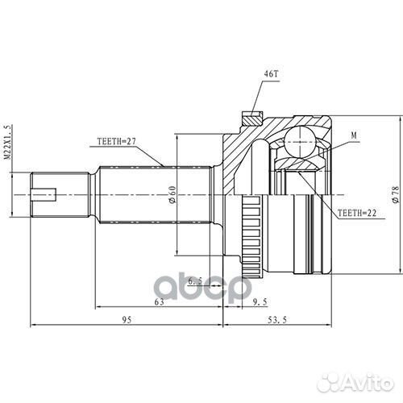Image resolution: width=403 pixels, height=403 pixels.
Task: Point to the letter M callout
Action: (x=354, y=138)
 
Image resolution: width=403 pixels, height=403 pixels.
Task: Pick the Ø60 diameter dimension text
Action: (x=172, y=195)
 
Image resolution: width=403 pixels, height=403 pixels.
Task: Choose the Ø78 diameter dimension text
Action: (x=393, y=195)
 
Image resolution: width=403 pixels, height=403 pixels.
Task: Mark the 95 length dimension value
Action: (x=126, y=320)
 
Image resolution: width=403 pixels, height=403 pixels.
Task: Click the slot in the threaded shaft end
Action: (x=46, y=193)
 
